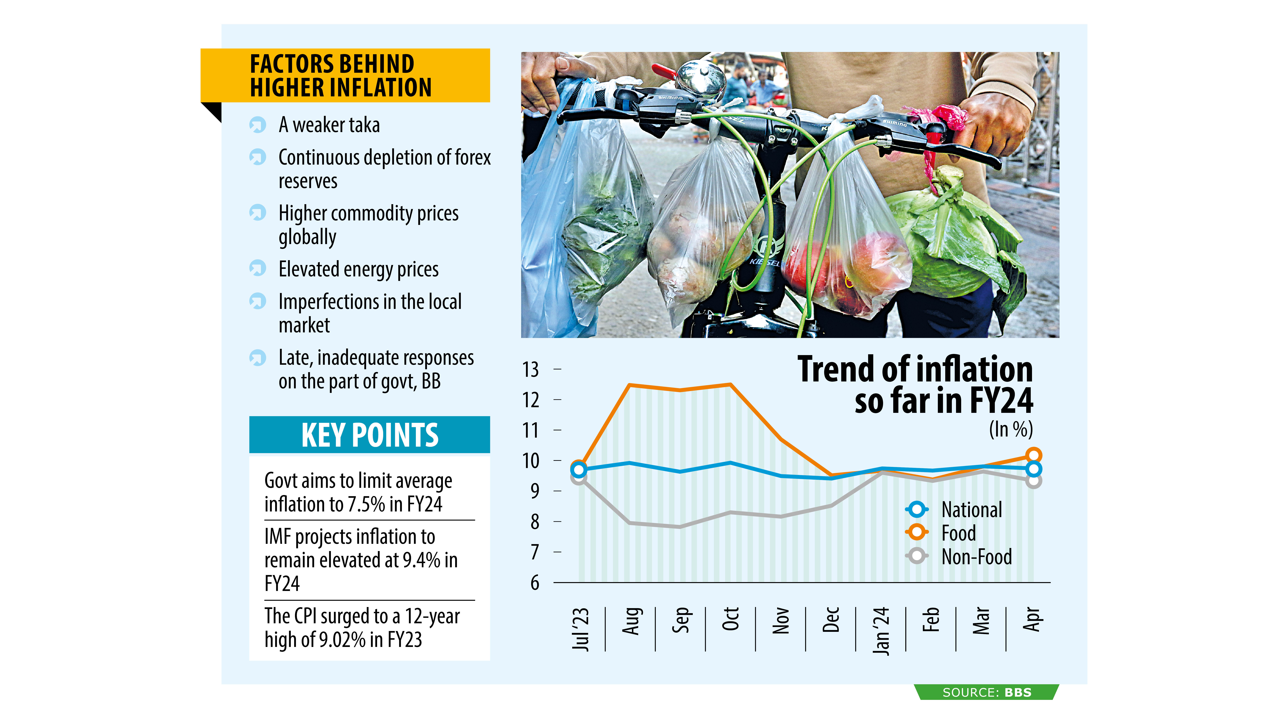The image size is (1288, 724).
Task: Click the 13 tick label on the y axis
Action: tap(530, 370)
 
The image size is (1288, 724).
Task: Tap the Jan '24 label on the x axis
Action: tap(881, 631)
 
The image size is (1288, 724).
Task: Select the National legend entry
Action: tap(971, 510)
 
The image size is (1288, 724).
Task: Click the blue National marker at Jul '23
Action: tap(578, 470)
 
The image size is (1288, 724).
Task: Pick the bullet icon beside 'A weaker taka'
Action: tap(257, 124)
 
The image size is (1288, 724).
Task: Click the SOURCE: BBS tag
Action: tap(986, 692)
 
